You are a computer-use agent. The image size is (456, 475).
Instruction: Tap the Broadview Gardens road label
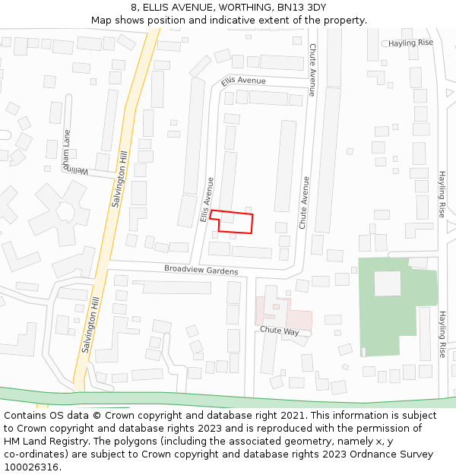[201, 271]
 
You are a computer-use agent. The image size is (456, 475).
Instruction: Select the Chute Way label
[280, 331]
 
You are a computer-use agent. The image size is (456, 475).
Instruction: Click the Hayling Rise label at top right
[410, 43]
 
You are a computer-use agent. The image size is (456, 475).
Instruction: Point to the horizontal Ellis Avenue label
[243, 81]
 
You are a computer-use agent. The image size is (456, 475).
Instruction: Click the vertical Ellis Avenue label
[206, 199]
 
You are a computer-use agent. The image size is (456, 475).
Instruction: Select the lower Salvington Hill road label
[89, 324]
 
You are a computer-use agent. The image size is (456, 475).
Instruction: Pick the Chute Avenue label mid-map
[304, 203]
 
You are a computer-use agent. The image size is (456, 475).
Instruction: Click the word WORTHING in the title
[228, 7]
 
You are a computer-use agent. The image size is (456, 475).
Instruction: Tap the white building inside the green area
[387, 283]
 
